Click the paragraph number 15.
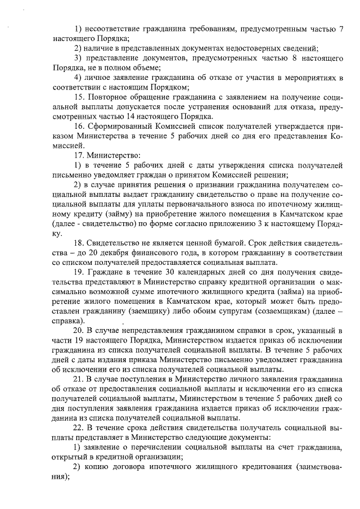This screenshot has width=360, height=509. (x=79, y=97)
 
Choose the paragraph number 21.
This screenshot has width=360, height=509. (x=79, y=379)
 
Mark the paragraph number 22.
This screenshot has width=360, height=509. (x=79, y=427)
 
